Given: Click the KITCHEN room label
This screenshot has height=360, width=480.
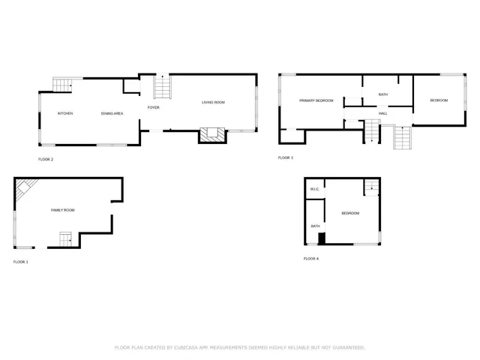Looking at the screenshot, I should tap(65, 113).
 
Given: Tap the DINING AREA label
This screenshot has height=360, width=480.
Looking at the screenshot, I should tap(112, 113).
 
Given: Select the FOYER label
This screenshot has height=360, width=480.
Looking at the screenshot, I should tap(153, 108).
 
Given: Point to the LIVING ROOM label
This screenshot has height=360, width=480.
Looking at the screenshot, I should tap(213, 102).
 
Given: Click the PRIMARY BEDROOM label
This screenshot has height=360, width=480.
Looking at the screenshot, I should tap(316, 100).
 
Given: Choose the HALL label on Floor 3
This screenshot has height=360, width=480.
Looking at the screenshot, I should tap(382, 113).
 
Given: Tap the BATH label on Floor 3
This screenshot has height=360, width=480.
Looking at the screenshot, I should tap(382, 94).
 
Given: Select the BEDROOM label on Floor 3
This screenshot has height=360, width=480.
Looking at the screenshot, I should tap(439, 100).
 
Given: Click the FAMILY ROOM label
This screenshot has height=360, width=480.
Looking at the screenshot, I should tap(63, 210).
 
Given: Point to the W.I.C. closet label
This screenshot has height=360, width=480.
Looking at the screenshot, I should tap(315, 189).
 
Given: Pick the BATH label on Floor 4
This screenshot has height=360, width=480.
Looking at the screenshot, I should tap(315, 226).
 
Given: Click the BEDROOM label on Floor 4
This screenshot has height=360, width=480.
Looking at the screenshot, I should tap(350, 214).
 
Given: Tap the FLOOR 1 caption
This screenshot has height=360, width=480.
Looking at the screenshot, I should tap(20, 262).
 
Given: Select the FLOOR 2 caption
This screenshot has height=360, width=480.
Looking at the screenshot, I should tap(46, 160).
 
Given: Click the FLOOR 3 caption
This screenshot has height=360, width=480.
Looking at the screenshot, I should tap(286, 157).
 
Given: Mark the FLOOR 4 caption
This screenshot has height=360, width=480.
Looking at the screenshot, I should tap(310, 259).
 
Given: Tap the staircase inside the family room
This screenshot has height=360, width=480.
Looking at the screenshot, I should tap(66, 239).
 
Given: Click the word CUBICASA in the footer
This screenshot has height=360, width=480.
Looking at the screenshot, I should tap(187, 348).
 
